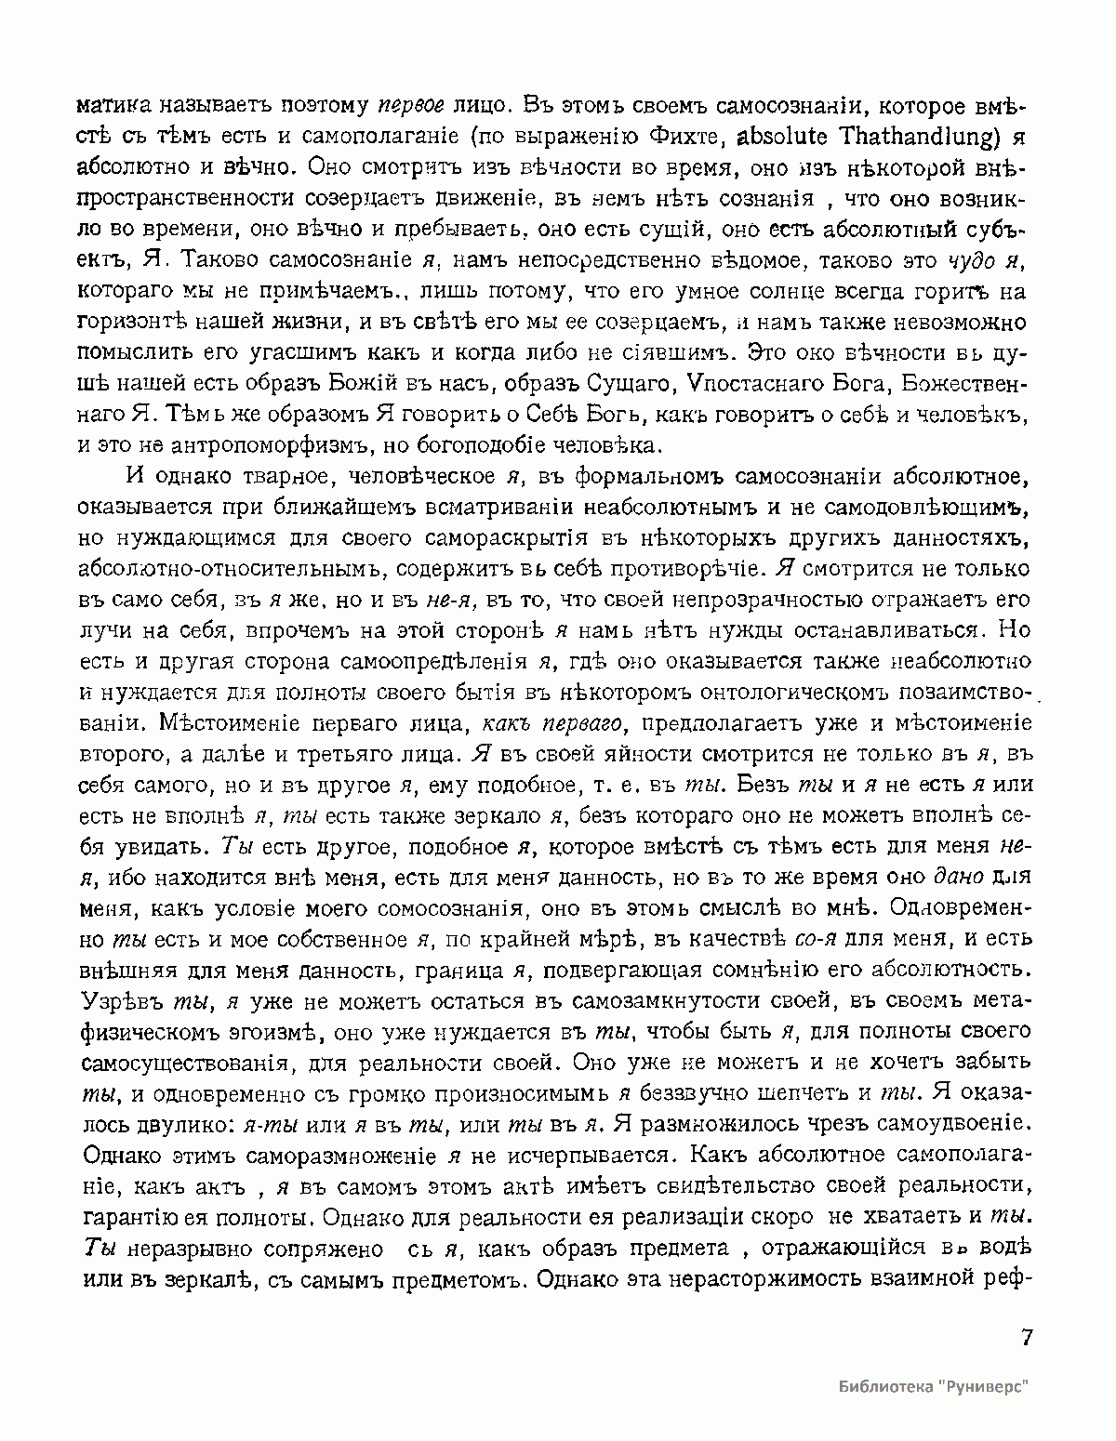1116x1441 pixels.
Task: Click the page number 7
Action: [x=1027, y=1338]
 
